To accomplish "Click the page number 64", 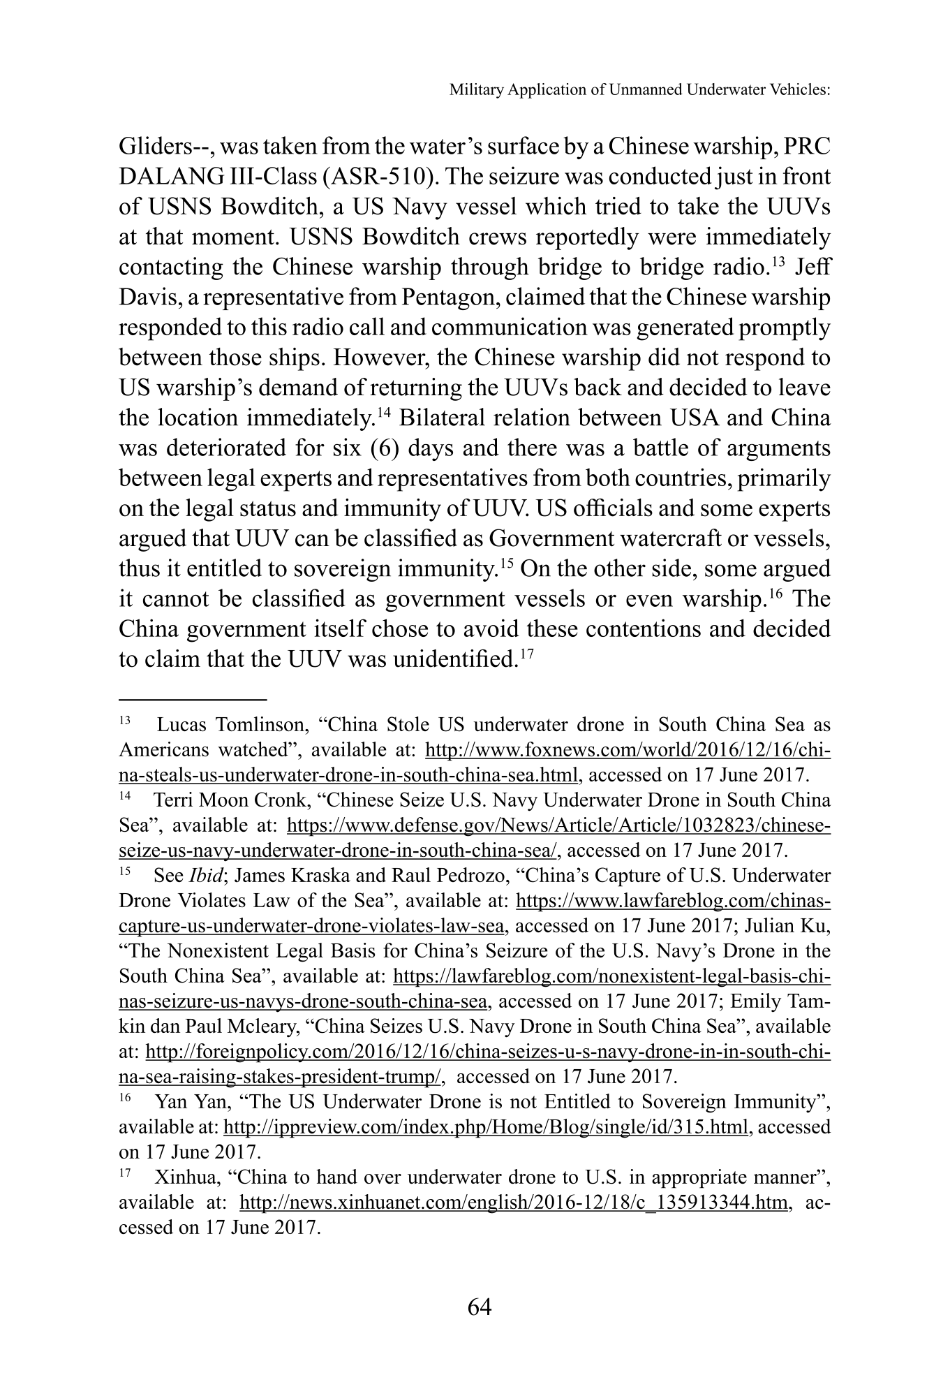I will pyautogui.click(x=480, y=1307).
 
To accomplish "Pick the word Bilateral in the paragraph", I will pyautogui.click(x=443, y=419).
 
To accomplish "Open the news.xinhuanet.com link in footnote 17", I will pyautogui.click(x=515, y=1202).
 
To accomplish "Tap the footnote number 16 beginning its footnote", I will pyautogui.click(x=126, y=1099).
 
